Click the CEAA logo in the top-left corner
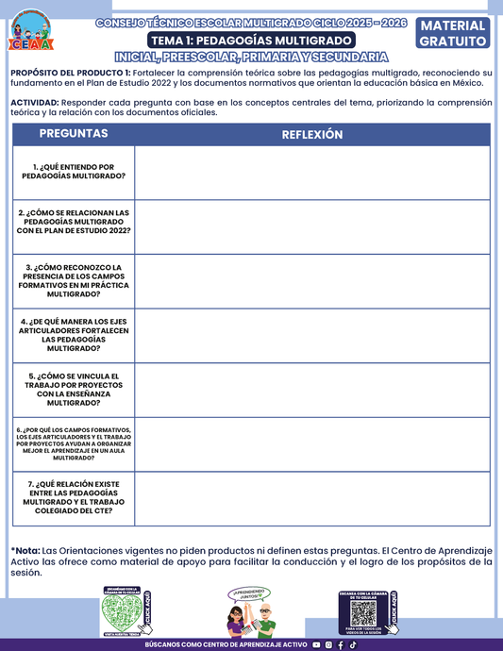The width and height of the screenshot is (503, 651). [x=30, y=31]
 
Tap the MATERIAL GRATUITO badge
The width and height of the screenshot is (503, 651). [x=453, y=33]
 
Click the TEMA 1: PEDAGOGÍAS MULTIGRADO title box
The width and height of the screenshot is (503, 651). [x=251, y=41]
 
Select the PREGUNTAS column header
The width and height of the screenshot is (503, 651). [x=74, y=134]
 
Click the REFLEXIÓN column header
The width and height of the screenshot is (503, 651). [x=312, y=135]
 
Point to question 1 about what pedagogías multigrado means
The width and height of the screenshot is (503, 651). [x=74, y=171]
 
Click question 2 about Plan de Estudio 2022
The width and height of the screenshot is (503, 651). [x=74, y=222]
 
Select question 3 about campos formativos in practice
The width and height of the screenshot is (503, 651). [x=74, y=280]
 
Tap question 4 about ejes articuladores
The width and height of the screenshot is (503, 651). [x=74, y=335]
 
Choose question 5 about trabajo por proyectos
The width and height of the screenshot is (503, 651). [x=74, y=389]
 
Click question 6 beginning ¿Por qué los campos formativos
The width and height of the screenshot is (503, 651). [x=74, y=443]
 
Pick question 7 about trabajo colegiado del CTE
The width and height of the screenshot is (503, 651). [x=74, y=497]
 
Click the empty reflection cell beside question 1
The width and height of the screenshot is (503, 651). [x=312, y=173]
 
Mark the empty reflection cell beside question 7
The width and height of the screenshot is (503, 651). [x=312, y=498]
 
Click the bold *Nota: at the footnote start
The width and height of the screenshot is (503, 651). [x=25, y=550]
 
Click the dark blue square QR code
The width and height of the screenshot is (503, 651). [x=363, y=613]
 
